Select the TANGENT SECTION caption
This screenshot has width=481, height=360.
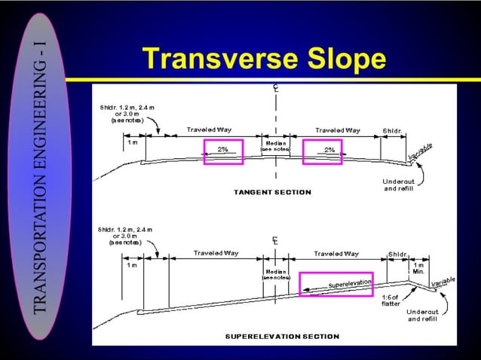[x=272, y=192]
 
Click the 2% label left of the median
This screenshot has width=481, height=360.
[x=223, y=149]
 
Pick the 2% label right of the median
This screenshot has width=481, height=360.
[x=329, y=149]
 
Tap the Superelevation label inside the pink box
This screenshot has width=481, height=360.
[x=350, y=285]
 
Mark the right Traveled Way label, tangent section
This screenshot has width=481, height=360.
[x=337, y=130]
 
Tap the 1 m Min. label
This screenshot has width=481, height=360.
[x=418, y=268]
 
